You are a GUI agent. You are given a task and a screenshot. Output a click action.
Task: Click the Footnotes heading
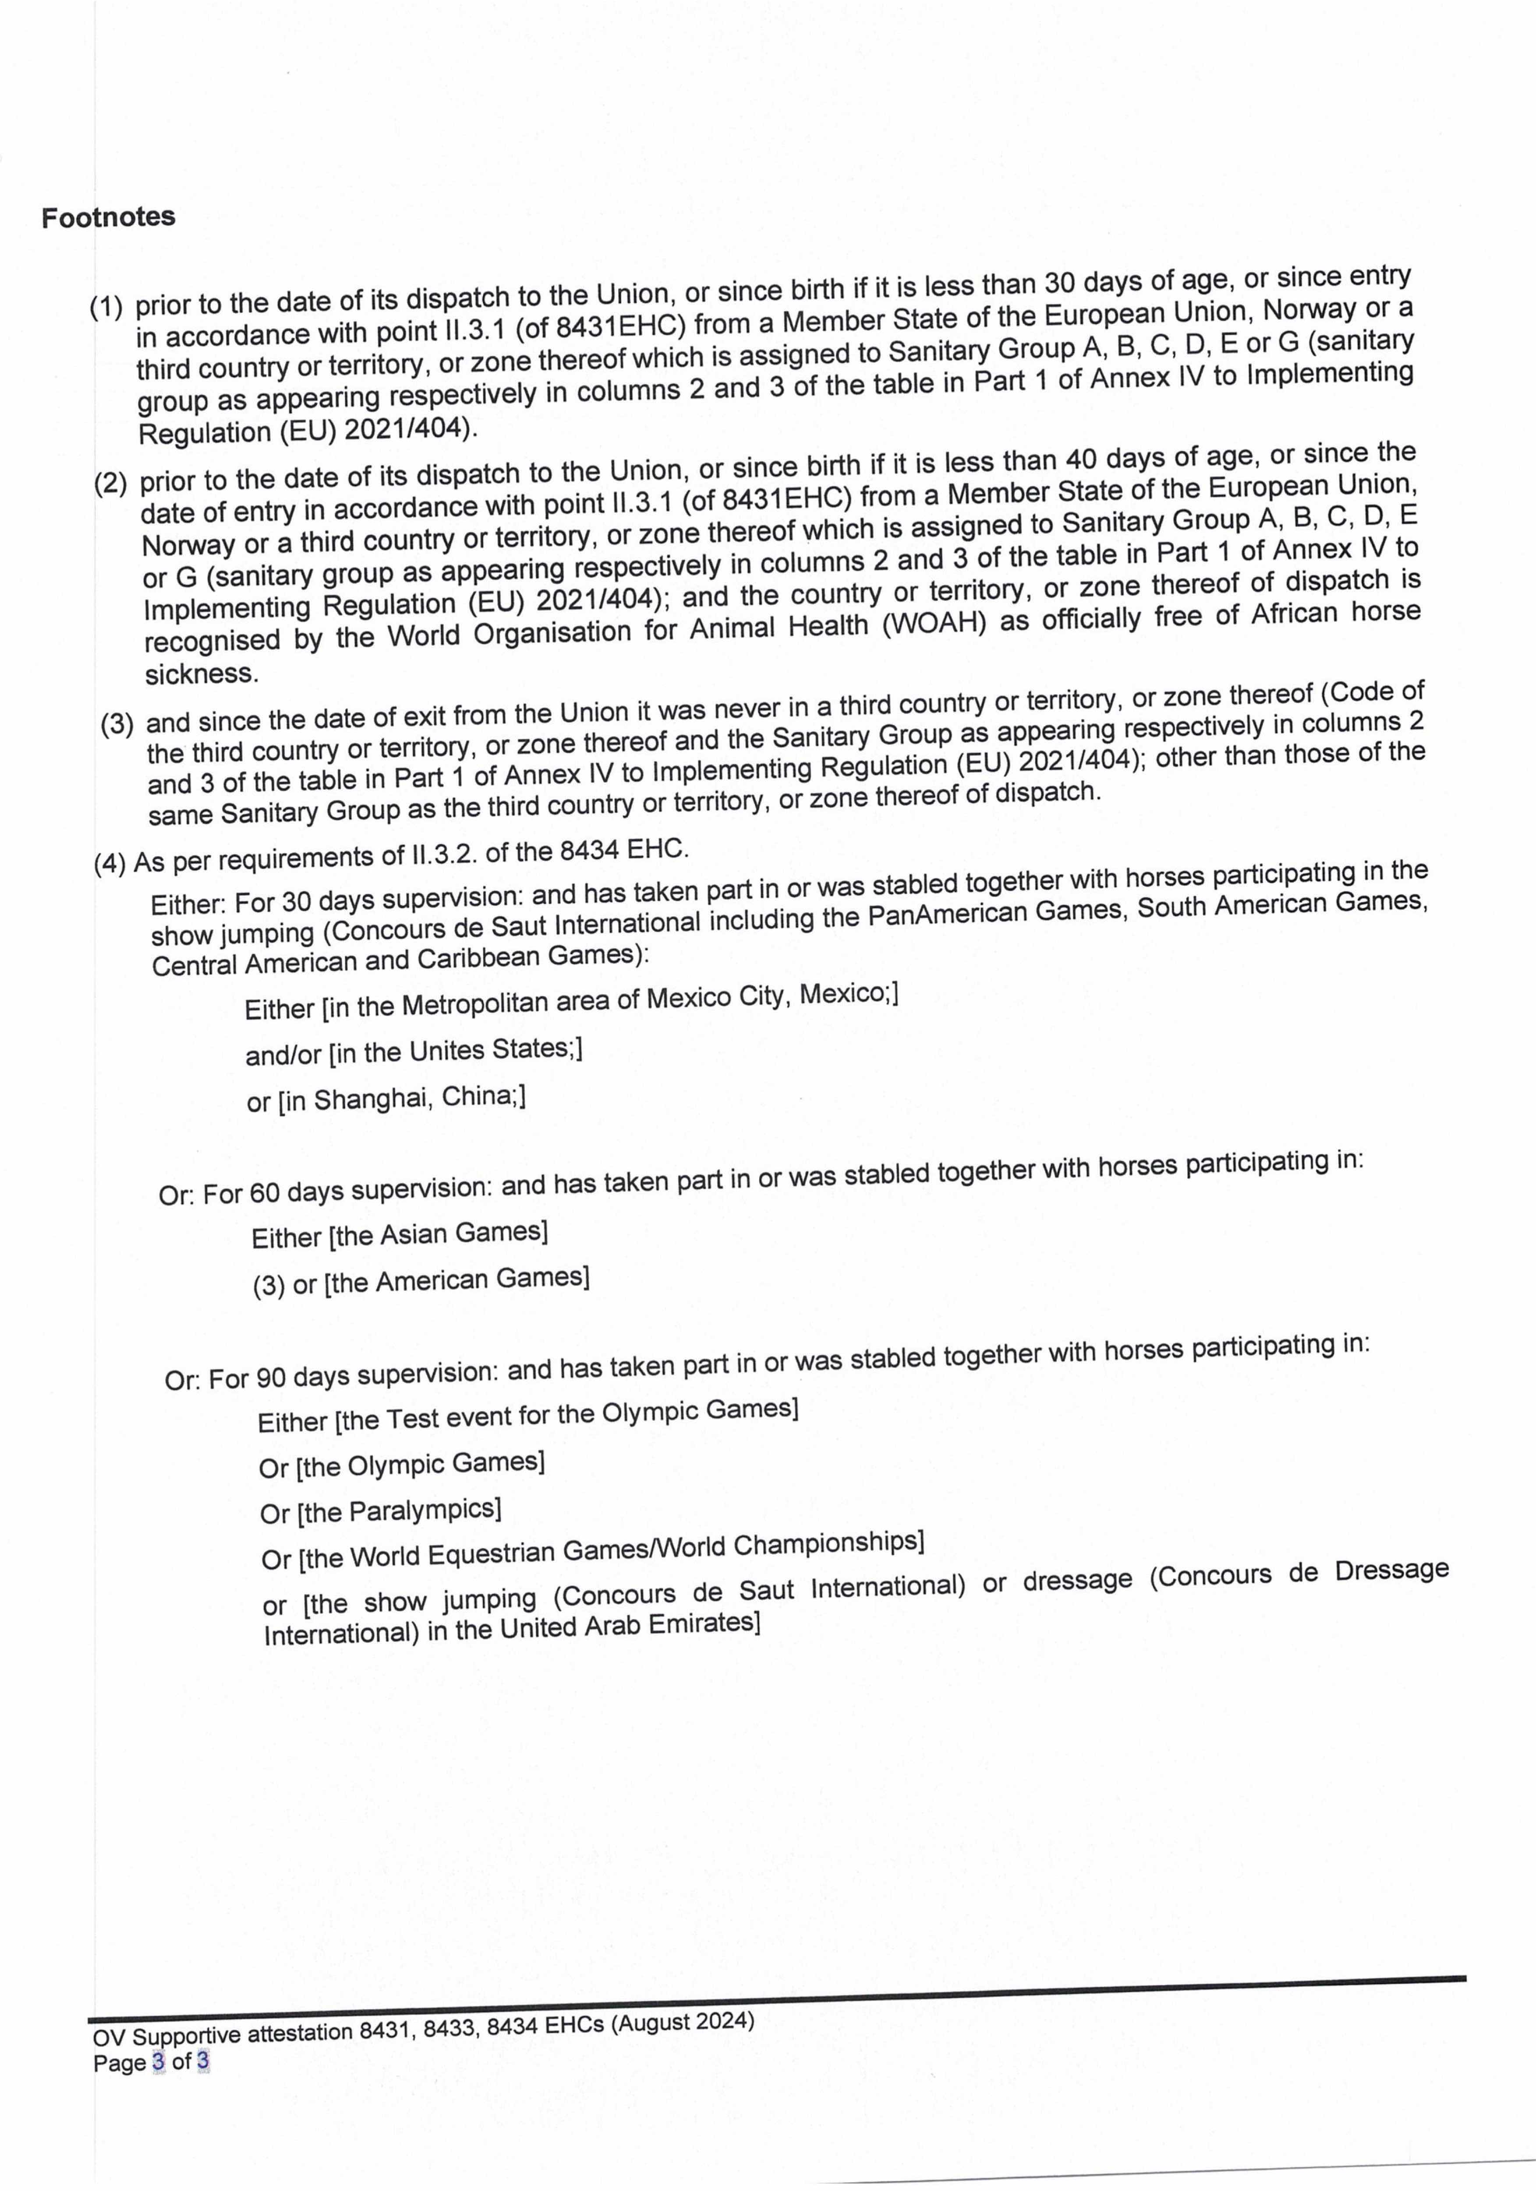(x=108, y=218)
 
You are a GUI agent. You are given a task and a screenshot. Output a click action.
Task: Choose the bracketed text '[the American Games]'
(x=456, y=1280)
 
